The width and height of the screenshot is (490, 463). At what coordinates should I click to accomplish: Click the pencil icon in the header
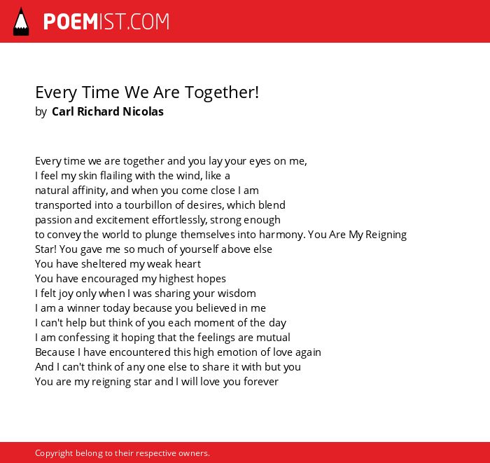21,22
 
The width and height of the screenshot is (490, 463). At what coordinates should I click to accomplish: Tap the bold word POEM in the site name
71,22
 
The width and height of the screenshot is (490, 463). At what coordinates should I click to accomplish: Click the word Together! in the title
222,92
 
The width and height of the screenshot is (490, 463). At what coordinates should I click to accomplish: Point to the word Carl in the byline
63,111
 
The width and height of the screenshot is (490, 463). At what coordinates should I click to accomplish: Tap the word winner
83,308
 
